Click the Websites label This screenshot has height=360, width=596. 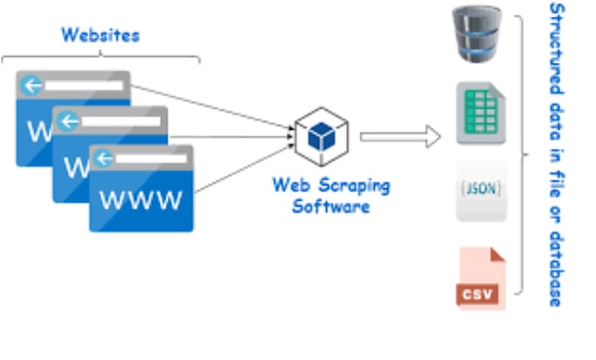pyautogui.click(x=100, y=36)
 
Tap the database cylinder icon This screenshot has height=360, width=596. pyautogui.click(x=478, y=35)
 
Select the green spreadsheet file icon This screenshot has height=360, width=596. pyautogui.click(x=479, y=113)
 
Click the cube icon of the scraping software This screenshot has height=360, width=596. pyautogui.click(x=322, y=136)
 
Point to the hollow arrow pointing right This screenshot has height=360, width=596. pyautogui.click(x=400, y=136)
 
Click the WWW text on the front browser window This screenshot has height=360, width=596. pyautogui.click(x=141, y=200)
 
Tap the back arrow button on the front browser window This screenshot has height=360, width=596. pyautogui.click(x=105, y=159)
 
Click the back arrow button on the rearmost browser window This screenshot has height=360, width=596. pyautogui.click(x=32, y=86)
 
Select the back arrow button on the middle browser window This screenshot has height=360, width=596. pyautogui.click(x=69, y=122)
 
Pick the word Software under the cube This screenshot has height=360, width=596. pyautogui.click(x=330, y=207)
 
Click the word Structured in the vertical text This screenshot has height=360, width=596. pyautogui.click(x=556, y=42)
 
